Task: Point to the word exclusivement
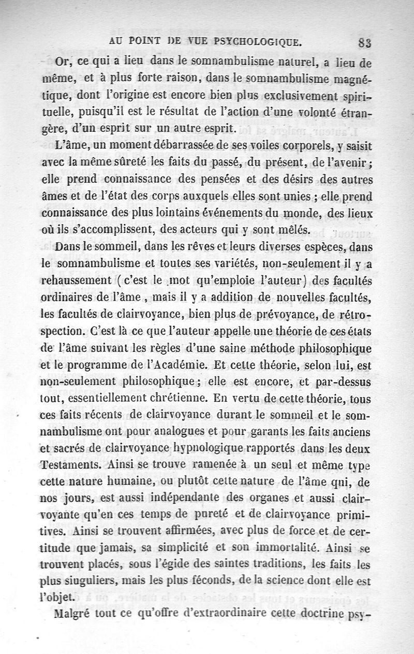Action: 288,97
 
